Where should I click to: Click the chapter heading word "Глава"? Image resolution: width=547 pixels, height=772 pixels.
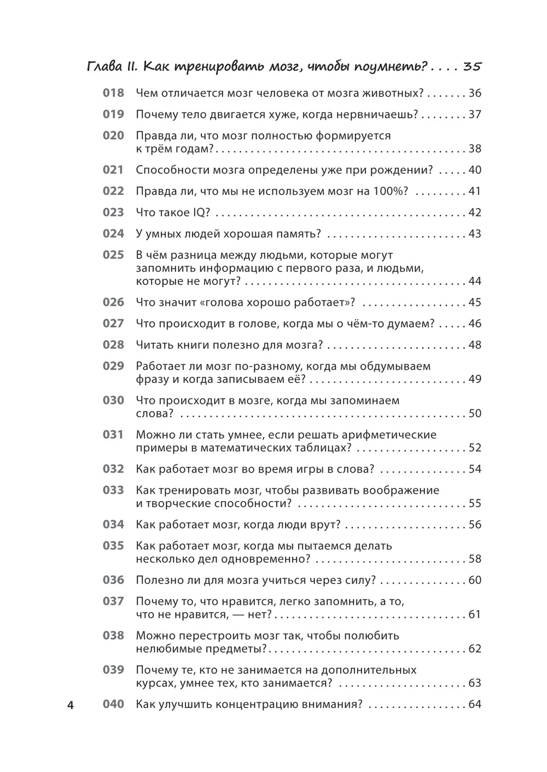point(105,67)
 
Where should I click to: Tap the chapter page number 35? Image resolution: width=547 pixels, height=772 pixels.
point(472,67)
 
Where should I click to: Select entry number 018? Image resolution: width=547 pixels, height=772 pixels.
point(113,93)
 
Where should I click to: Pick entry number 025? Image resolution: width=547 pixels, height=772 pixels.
point(113,255)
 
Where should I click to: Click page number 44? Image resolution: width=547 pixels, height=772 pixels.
point(475,281)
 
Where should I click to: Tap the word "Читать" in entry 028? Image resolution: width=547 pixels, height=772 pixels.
point(155,345)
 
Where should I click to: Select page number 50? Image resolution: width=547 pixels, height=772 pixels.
point(475,414)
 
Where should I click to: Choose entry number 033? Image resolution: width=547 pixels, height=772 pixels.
point(113,491)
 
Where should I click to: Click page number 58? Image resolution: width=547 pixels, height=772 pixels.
point(475,559)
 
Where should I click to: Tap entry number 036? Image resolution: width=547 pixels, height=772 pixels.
point(113,580)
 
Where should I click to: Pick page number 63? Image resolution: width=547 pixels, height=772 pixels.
point(475,683)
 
